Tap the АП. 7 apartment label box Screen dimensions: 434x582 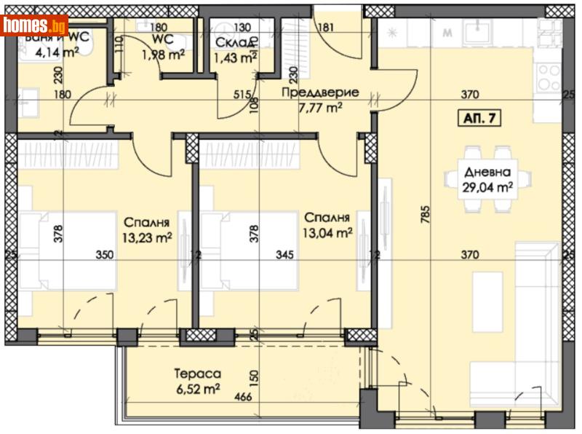481,119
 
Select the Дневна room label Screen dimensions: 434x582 487,173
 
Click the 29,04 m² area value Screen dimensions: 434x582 487,186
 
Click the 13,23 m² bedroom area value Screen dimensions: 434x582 146,237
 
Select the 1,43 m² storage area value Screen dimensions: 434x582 235,57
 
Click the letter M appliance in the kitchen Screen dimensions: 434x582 447,33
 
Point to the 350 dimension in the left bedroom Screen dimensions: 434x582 104,255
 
